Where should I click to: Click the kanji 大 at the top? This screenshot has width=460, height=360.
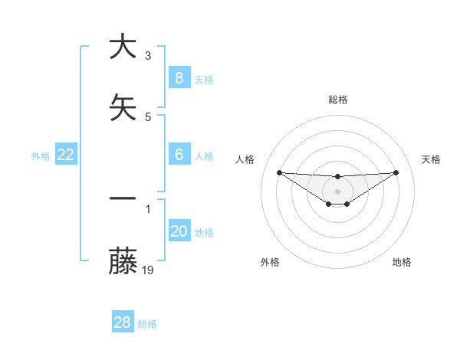(x=123, y=47)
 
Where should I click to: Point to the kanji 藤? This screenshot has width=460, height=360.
(x=123, y=261)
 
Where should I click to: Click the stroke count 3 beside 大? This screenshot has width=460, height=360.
(x=148, y=56)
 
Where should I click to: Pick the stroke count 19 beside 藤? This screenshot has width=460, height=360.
(x=149, y=270)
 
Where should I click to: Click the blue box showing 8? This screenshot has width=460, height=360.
(x=179, y=77)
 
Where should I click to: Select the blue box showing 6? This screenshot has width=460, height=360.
(x=179, y=155)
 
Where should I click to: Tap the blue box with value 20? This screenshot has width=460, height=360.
(x=179, y=231)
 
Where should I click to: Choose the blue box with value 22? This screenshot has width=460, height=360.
(x=66, y=155)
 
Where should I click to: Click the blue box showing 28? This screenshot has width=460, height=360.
(x=123, y=322)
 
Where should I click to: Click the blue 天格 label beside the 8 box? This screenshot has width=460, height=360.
(x=204, y=79)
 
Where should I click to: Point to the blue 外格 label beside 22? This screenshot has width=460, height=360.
(x=41, y=156)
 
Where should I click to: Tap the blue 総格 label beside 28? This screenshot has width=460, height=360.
(x=147, y=324)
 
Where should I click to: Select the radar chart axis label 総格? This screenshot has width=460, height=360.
(x=337, y=100)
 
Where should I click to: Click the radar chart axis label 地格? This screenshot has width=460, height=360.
(x=402, y=262)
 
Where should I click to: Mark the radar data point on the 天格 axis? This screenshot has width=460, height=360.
(x=396, y=172)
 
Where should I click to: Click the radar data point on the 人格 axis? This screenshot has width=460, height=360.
(x=279, y=172)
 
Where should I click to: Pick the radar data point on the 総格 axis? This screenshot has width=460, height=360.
(x=337, y=177)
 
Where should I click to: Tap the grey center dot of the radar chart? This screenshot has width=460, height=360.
(x=337, y=191)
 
